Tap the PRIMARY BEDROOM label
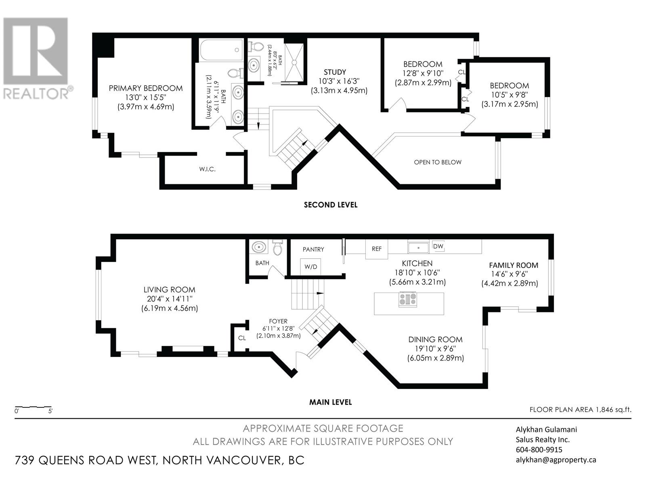click(146, 88)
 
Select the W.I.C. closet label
click(208, 169)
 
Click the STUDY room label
click(335, 72)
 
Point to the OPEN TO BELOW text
click(438, 162)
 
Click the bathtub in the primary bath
click(222, 50)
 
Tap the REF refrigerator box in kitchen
click(377, 249)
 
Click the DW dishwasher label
click(438, 246)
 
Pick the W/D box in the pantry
click(310, 267)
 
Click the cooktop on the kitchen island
click(408, 299)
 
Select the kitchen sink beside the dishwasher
click(419, 247)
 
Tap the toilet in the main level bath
click(277, 247)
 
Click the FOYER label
click(278, 321)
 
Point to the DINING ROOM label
click(435, 339)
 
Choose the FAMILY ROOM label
click(514, 265)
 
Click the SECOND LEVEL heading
click(331, 205)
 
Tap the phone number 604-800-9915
click(539, 450)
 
